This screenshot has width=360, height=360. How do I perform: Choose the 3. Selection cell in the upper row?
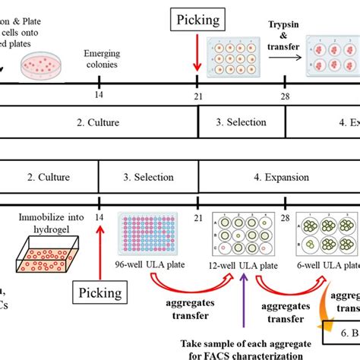pyautogui.click(x=242, y=122)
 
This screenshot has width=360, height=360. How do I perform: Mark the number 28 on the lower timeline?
pyautogui.click(x=286, y=218)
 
